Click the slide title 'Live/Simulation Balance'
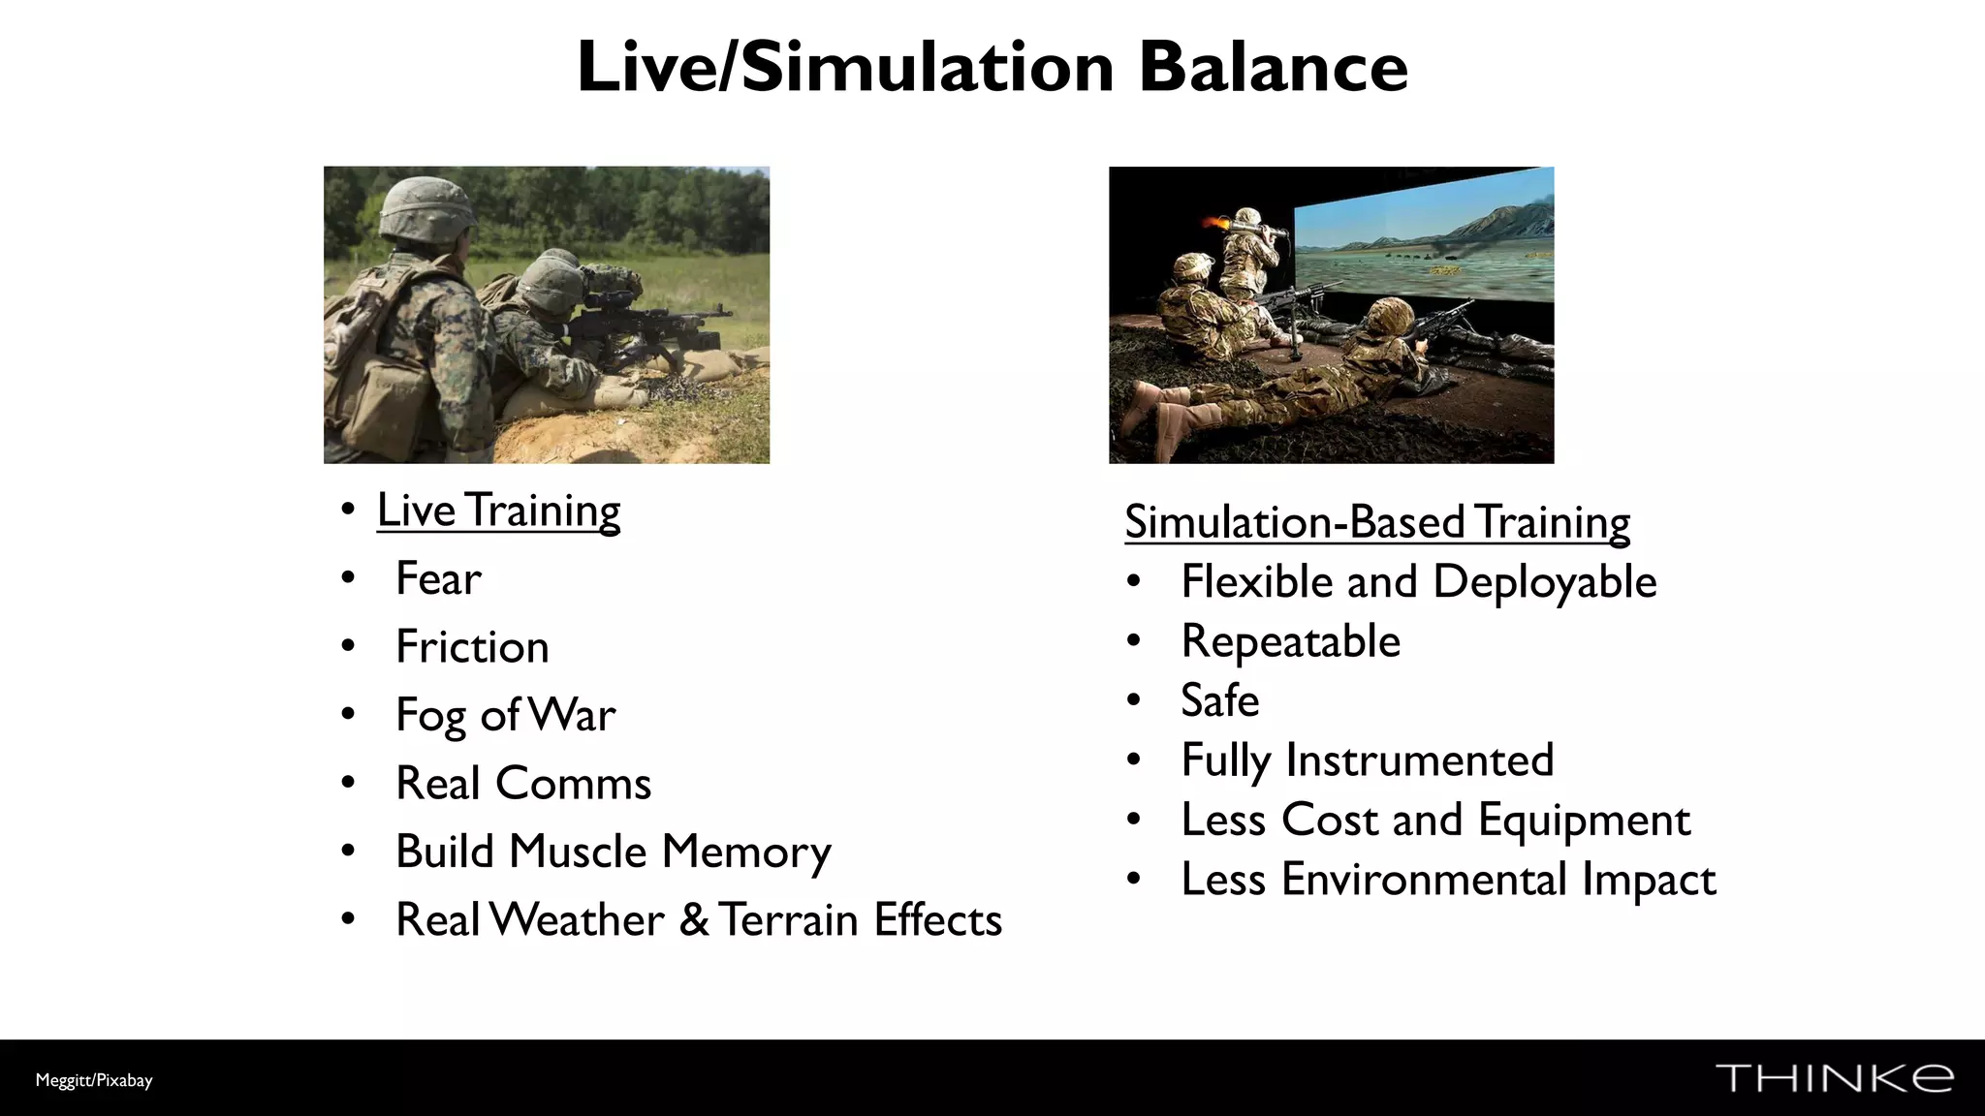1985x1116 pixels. click(x=992, y=68)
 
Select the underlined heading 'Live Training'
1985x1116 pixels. click(x=498, y=511)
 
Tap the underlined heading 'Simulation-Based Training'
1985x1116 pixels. click(x=1377, y=522)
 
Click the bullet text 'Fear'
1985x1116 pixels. click(x=438, y=579)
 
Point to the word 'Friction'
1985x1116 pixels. click(x=472, y=647)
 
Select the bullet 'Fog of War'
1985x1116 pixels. click(x=505, y=716)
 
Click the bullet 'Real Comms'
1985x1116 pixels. click(x=523, y=784)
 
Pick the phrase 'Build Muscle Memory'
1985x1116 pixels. click(x=614, y=852)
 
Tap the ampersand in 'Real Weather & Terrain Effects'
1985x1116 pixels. click(x=693, y=920)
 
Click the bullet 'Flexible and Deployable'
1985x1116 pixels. click(x=1419, y=582)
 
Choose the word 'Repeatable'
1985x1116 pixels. click(x=1290, y=642)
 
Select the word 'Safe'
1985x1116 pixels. click(x=1219, y=701)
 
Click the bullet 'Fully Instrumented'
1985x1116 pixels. click(x=1367, y=760)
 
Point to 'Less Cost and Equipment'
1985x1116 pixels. click(x=1435, y=821)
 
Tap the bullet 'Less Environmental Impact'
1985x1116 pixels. click(x=1448, y=880)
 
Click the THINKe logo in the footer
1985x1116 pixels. click(x=1834, y=1078)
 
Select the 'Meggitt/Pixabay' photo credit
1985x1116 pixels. click(x=94, y=1080)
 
